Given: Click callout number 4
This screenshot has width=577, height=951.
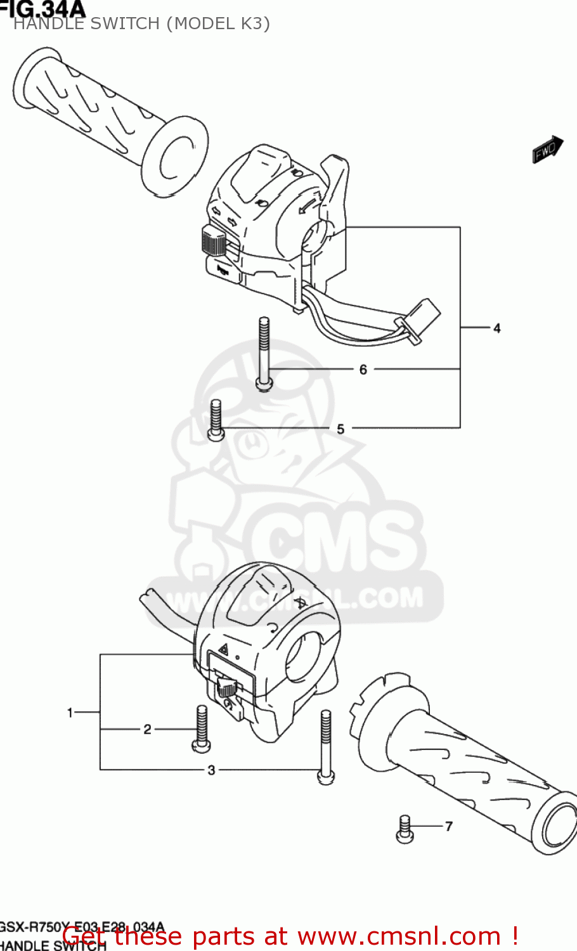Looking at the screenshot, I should point(497,328).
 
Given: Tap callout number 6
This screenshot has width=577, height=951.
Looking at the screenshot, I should point(363,370).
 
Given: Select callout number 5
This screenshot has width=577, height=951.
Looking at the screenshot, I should point(340,429).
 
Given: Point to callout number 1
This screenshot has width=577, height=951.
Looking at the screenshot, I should point(70,713).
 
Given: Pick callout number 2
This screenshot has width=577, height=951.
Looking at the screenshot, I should point(147,729).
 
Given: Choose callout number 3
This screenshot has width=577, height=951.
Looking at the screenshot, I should point(212,770).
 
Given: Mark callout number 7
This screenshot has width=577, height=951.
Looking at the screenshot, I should point(449,826).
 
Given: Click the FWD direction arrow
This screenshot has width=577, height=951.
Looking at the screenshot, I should point(547,150).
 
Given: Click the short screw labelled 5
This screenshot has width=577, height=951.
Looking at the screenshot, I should point(216,420).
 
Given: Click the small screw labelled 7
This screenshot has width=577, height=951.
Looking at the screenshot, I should point(405,829).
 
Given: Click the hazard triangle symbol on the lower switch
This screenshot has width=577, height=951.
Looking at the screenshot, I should point(223,649).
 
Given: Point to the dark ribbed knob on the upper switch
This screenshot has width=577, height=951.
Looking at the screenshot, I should point(212,241).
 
